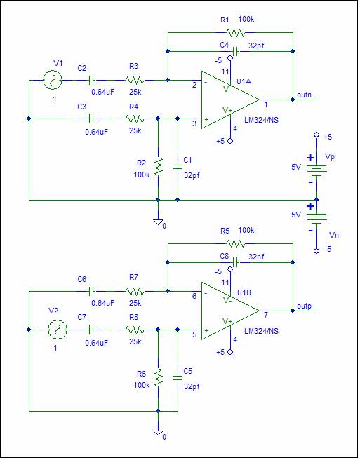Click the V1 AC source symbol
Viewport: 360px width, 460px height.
coord(53,80)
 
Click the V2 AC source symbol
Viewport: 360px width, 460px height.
coord(58,330)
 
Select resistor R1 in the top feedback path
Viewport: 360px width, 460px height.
coord(235,33)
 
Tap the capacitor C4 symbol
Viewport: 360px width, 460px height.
coord(235,52)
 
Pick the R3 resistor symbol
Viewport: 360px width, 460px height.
coord(135,80)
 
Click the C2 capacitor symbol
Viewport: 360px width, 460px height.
coord(92,80)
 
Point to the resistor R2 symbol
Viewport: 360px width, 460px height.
coord(159,167)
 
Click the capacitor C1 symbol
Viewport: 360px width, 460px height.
coord(178,167)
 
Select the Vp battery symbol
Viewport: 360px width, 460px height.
coord(316,170)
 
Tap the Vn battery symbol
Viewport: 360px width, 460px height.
coord(316,217)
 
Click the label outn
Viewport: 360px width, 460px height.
coord(304,95)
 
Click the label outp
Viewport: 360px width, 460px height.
coord(304,306)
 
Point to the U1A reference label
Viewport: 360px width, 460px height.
coord(244,81)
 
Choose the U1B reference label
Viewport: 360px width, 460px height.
coord(244,292)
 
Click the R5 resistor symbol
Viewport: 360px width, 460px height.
coord(235,244)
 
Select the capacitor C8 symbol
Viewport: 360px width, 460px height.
coord(235,262)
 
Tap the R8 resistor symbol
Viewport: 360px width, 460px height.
coord(135,330)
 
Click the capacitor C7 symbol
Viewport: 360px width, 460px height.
coord(92,330)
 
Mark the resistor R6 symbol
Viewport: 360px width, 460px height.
coord(159,377)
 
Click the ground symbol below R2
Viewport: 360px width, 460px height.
coord(159,222)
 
